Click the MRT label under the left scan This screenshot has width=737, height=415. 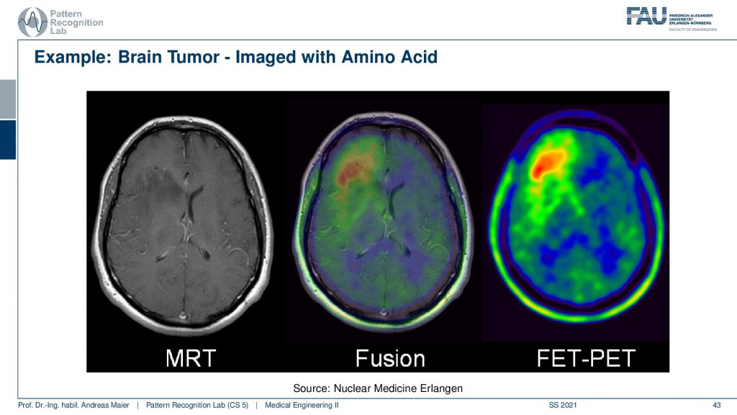click(x=190, y=359)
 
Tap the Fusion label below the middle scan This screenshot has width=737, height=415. click(x=390, y=359)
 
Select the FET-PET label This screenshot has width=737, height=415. click(x=586, y=359)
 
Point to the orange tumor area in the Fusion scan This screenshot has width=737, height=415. click(x=353, y=171)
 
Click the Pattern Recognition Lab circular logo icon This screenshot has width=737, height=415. click(x=32, y=22)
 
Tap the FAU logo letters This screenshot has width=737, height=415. click(x=647, y=16)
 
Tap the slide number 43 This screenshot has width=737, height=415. click(x=717, y=405)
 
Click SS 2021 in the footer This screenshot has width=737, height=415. click(x=563, y=405)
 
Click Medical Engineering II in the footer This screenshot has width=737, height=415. click(x=302, y=405)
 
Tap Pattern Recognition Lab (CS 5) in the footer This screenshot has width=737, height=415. click(x=197, y=405)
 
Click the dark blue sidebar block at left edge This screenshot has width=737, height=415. click(x=8, y=140)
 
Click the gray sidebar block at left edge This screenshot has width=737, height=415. click(x=8, y=99)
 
